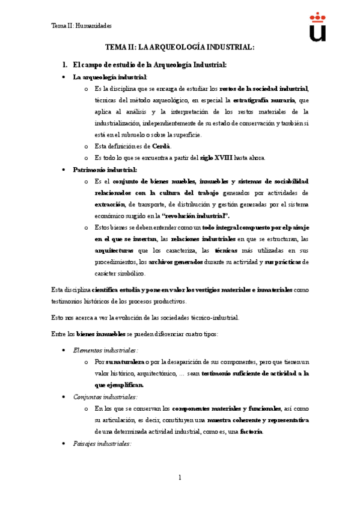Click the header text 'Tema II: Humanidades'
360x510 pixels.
pyautogui.click(x=81, y=26)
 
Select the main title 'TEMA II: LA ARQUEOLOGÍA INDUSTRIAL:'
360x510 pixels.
pyautogui.click(x=180, y=47)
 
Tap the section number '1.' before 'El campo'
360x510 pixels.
pyautogui.click(x=66, y=64)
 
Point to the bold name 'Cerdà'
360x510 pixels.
pyautogui.click(x=161, y=146)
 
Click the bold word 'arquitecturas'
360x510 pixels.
pyautogui.click(x=114, y=250)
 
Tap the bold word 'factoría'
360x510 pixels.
pyautogui.click(x=251, y=431)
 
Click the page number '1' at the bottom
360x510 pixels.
pyautogui.click(x=179, y=478)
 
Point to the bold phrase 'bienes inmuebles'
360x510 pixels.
pyautogui.click(x=101, y=333)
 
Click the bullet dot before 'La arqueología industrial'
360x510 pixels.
pyautogui.click(x=64, y=78)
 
